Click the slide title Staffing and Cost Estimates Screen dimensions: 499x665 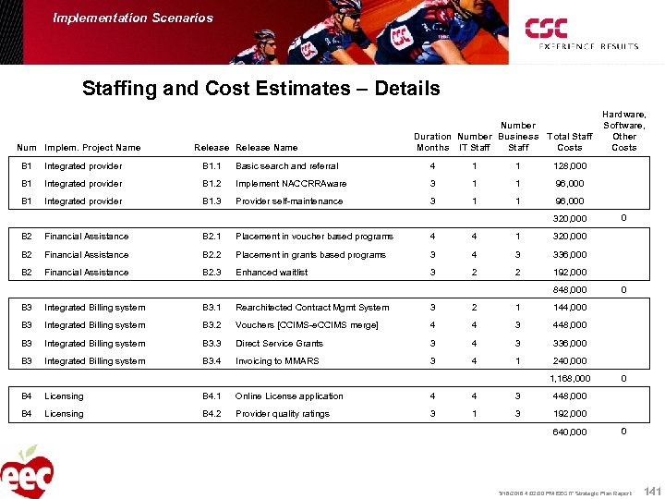click(260, 90)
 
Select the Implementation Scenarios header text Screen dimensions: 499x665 click(133, 18)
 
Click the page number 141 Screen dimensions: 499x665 click(652, 490)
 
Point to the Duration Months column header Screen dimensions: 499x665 click(432, 141)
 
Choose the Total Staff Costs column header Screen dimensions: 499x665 click(570, 141)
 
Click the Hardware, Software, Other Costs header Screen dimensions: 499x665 click(624, 130)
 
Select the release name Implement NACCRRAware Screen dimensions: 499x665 click(291, 184)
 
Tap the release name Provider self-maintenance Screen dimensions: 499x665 click(289, 201)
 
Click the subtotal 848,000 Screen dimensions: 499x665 click(569, 290)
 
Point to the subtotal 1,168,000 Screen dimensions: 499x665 click(570, 379)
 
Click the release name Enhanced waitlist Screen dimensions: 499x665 click(274, 273)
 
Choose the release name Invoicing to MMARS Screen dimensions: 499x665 click(277, 361)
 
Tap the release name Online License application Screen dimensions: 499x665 click(289, 396)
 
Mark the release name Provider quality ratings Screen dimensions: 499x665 click(283, 414)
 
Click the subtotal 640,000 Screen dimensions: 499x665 click(569, 432)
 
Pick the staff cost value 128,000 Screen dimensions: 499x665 click(570, 166)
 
